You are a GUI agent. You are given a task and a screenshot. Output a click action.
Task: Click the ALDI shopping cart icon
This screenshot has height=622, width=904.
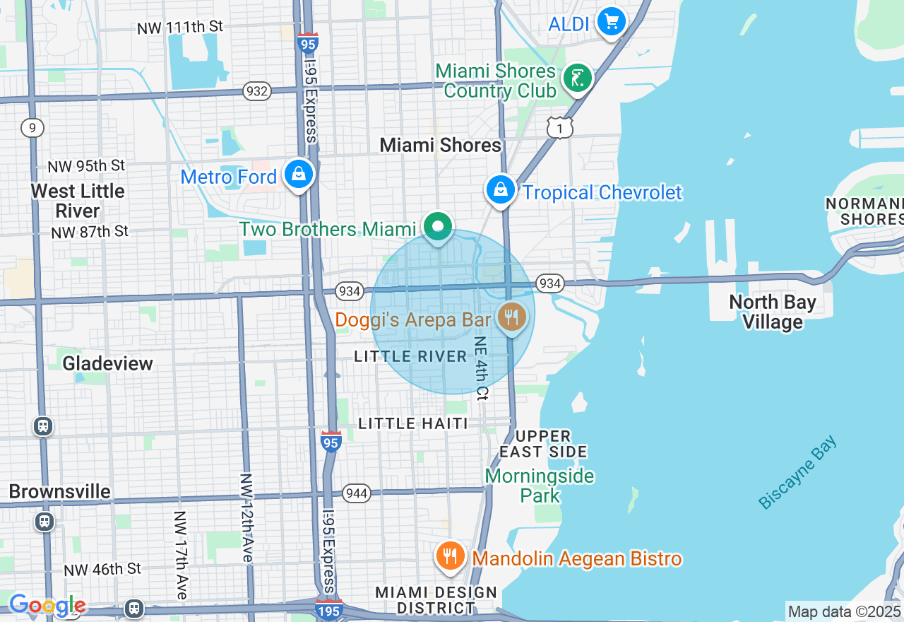click(611, 23)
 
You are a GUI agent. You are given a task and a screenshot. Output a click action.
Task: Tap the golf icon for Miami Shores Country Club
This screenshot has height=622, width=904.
click(577, 78)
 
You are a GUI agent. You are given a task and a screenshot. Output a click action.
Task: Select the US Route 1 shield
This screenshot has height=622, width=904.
click(559, 128)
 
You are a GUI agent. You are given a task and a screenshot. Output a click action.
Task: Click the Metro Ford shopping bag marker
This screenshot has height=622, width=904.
click(299, 174)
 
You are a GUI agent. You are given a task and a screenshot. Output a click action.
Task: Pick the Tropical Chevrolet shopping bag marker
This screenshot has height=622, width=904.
click(500, 189)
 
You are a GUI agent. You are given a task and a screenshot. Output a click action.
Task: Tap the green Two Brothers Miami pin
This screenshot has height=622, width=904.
click(438, 227)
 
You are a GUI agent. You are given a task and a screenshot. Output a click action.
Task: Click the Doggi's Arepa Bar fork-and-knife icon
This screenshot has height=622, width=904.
click(511, 317)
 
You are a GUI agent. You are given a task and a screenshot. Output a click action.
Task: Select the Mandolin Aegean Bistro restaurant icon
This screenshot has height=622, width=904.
click(448, 556)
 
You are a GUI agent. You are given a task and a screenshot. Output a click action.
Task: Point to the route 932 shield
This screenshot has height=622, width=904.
click(257, 90)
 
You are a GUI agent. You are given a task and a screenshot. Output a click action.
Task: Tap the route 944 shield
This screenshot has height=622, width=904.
click(357, 493)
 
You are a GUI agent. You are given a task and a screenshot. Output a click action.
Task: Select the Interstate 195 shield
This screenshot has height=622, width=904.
click(329, 609)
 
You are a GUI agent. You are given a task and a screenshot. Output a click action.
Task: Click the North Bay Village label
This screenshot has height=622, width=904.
click(772, 312)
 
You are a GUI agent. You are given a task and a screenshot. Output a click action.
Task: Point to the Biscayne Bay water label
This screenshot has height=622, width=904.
click(797, 472)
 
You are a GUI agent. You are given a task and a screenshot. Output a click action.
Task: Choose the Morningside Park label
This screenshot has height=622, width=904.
click(540, 486)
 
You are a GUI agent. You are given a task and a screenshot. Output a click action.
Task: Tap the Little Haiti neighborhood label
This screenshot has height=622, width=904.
click(413, 423)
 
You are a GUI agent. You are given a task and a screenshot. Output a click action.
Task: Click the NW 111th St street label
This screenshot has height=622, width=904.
click(180, 27)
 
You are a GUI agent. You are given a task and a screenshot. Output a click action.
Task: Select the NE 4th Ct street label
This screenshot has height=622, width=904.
click(481, 368)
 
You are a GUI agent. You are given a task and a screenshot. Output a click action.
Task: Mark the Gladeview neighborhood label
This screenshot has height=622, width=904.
click(107, 363)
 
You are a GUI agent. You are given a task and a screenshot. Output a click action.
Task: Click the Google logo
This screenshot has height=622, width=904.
click(47, 605)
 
